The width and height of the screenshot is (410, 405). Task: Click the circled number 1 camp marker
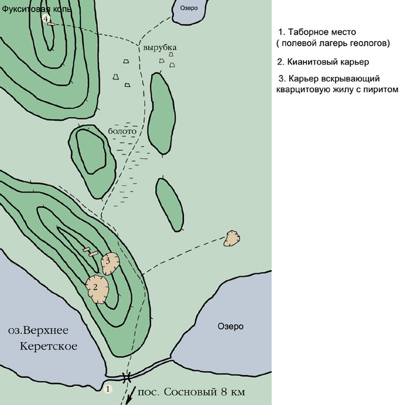tap(108, 389)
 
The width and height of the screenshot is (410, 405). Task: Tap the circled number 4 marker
tap(46, 19)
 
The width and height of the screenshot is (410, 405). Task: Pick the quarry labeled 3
tap(110, 263)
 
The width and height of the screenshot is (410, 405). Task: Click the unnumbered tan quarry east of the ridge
tap(232, 238)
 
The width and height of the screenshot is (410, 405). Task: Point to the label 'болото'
tap(122, 131)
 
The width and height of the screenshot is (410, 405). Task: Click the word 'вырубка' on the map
tap(160, 47)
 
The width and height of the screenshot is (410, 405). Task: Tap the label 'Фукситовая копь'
tap(36, 9)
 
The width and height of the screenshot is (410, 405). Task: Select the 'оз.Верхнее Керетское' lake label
tap(43, 338)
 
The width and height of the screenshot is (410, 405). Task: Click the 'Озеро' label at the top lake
tap(189, 8)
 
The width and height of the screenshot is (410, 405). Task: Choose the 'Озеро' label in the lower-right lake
tap(230, 326)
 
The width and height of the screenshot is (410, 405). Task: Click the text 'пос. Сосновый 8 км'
tap(192, 392)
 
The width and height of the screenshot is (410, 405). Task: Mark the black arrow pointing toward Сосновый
tap(131, 396)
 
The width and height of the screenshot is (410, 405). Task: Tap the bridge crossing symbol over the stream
tap(127, 377)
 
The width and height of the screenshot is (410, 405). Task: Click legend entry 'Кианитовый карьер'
tap(323, 62)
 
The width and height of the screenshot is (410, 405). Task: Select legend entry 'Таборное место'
tap(317, 32)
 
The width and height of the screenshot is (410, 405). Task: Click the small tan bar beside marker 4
tap(51, 24)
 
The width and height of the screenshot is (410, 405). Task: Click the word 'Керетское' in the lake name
tap(49, 346)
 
